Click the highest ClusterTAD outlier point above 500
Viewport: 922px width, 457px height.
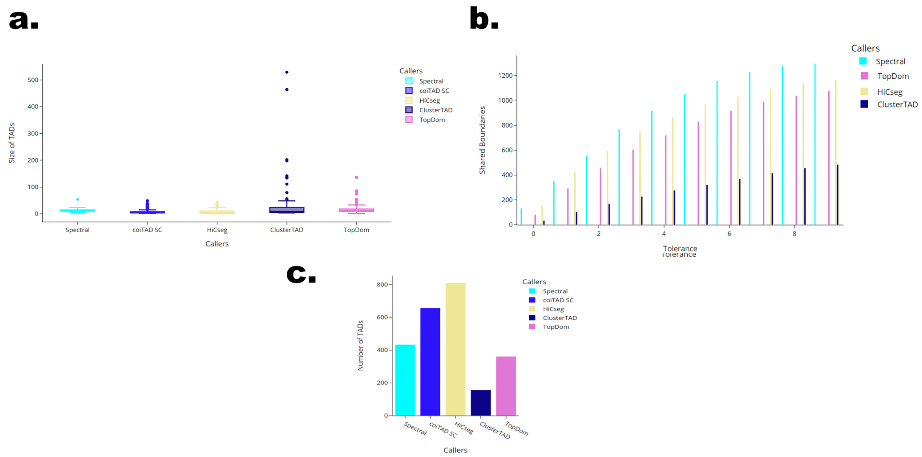pyautogui.click(x=287, y=72)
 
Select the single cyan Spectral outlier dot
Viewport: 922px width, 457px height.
pyautogui.click(x=78, y=200)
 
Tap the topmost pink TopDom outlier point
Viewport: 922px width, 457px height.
pyautogui.click(x=357, y=177)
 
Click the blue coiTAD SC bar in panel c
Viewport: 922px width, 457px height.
pyautogui.click(x=430, y=361)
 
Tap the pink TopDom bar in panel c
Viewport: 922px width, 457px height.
pyautogui.click(x=506, y=386)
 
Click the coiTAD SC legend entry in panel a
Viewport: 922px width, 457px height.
pyautogui.click(x=434, y=91)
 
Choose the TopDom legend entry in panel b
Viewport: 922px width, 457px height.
pyautogui.click(x=893, y=76)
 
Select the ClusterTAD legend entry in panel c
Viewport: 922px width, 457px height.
pyautogui.click(x=559, y=318)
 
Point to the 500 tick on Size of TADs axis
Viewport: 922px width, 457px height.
pyautogui.click(x=33, y=80)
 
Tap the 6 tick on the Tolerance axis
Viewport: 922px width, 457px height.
pyautogui.click(x=729, y=234)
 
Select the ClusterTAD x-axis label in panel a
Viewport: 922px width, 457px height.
pyautogui.click(x=287, y=230)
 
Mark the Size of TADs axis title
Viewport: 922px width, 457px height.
pyautogui.click(x=12, y=143)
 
